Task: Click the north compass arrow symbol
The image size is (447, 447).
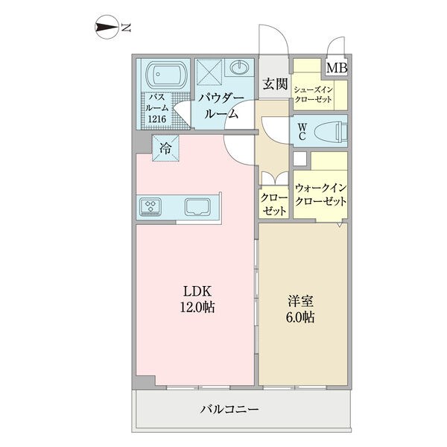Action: (x=107, y=28)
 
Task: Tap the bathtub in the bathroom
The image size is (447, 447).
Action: (x=166, y=74)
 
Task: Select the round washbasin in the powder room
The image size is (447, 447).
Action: (x=239, y=67)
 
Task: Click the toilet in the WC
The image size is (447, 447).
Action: (x=332, y=131)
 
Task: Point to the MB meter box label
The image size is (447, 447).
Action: (x=337, y=68)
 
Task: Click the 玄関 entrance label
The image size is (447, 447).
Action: (x=275, y=84)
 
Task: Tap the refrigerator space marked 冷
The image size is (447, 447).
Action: (x=165, y=148)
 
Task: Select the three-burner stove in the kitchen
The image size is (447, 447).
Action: (x=150, y=206)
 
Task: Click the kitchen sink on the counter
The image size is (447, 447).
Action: (x=197, y=207)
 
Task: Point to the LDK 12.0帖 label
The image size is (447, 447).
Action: (x=197, y=299)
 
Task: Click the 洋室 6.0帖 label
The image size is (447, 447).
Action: (x=300, y=309)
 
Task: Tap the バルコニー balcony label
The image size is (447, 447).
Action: (x=229, y=409)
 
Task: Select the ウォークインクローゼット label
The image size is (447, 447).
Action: (x=320, y=194)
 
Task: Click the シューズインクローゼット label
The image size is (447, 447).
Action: (x=314, y=95)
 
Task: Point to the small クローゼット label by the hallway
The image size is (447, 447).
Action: (x=274, y=205)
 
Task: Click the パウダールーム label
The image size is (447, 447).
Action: (x=221, y=106)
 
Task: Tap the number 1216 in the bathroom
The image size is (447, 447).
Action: (x=157, y=119)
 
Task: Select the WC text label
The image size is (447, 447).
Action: (x=302, y=131)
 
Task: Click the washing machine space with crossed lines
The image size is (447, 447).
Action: (x=209, y=72)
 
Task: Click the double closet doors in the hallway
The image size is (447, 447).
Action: (x=275, y=179)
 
